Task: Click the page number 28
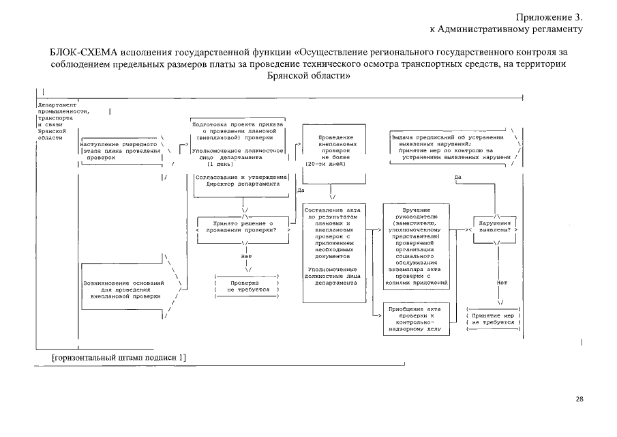[580, 399]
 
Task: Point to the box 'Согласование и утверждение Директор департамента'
[237, 180]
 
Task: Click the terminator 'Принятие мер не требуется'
[493, 319]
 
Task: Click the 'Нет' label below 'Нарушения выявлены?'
[502, 282]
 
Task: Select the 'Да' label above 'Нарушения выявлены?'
[458, 177]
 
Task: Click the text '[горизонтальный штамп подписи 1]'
[119, 357]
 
